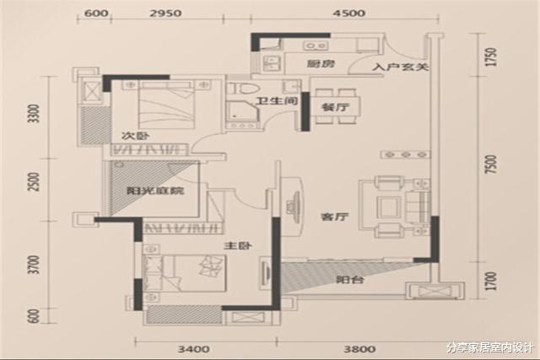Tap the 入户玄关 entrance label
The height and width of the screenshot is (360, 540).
[x=400, y=67]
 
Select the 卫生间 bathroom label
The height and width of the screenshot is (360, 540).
[x=277, y=101]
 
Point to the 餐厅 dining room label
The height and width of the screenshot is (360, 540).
[x=335, y=107]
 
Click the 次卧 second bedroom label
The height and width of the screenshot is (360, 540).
[x=135, y=136]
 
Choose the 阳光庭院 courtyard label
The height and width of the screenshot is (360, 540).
[x=155, y=191]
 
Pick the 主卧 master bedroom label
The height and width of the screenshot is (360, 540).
[x=238, y=245]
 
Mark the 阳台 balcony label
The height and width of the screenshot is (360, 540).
[x=350, y=279]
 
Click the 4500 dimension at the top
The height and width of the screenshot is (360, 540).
[x=349, y=13]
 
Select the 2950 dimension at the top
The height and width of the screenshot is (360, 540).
[x=166, y=13]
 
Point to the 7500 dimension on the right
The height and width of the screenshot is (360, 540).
[x=491, y=164]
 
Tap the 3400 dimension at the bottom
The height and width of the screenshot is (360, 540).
[x=193, y=349]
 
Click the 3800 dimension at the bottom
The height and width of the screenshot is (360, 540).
[x=359, y=349]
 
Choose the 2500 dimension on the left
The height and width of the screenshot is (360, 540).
[x=34, y=182]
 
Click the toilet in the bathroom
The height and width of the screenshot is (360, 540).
[x=242, y=89]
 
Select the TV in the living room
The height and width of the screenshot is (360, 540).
[x=293, y=207]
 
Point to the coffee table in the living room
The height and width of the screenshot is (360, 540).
[x=389, y=207]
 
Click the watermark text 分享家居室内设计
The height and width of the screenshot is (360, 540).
[x=489, y=348]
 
